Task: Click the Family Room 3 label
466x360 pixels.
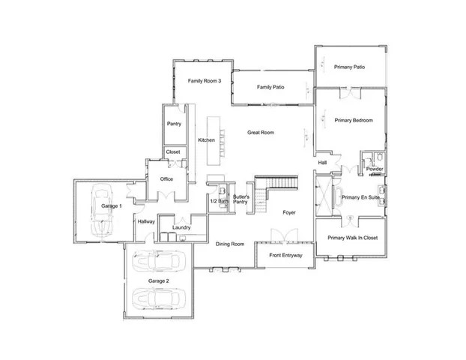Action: [204, 80]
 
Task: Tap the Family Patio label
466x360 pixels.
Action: [269, 88]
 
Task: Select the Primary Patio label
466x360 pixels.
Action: [348, 67]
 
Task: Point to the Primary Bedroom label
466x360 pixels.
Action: [354, 120]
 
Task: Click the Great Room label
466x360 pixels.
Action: [261, 133]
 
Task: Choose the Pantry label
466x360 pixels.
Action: [174, 124]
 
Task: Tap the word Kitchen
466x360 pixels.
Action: [206, 140]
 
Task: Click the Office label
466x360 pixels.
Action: [166, 179]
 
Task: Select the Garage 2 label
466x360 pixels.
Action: [158, 280]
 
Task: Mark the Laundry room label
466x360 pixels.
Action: [181, 227]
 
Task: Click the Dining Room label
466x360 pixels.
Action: [231, 244]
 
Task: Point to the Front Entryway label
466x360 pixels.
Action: [285, 256]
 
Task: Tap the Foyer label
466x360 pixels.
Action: [289, 213]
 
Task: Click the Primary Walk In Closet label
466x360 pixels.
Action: [351, 238]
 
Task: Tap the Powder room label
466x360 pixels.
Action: [375, 169]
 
